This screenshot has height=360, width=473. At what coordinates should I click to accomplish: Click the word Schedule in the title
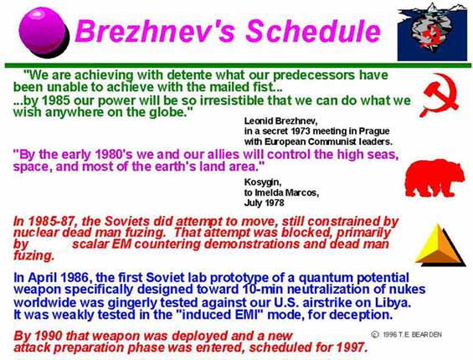(313, 31)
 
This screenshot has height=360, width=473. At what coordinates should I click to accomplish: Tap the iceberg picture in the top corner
(432, 31)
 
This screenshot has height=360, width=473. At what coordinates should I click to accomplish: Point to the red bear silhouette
(434, 177)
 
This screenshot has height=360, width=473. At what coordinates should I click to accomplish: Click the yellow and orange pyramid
(440, 244)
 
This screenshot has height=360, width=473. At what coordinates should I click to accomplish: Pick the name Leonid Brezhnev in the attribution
(280, 121)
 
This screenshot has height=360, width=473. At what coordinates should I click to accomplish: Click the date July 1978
(264, 203)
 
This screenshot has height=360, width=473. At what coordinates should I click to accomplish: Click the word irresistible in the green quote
(232, 100)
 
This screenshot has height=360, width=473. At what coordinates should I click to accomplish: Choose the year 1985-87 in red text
(51, 221)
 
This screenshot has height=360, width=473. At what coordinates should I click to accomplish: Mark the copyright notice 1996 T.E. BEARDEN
(406, 334)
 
